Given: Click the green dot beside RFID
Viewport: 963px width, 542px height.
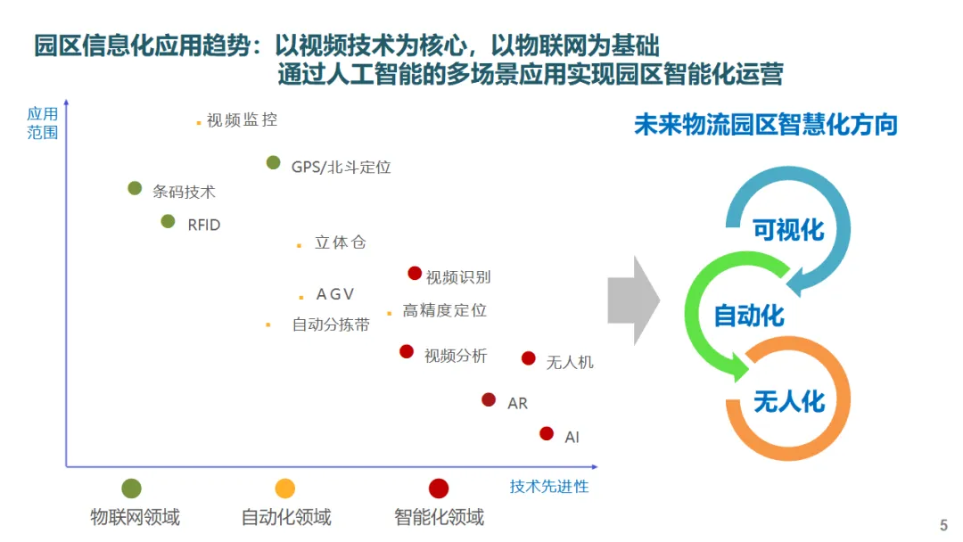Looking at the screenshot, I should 168,221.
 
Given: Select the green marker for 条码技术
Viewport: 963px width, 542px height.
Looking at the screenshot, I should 135,188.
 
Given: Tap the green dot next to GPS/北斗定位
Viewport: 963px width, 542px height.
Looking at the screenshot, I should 274,163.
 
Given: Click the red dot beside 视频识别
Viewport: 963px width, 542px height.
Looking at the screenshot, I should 415,274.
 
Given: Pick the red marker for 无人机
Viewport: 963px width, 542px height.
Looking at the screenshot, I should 529,358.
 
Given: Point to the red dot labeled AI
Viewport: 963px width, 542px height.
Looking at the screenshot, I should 547,433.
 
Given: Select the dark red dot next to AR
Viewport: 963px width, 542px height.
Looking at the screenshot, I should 489,400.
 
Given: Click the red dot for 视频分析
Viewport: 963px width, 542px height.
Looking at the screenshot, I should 407,352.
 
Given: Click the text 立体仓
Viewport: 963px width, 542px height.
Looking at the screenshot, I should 340,243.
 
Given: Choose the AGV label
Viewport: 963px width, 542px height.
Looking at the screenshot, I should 335,295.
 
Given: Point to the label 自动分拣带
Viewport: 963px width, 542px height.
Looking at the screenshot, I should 331,325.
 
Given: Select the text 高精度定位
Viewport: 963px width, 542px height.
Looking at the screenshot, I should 445,310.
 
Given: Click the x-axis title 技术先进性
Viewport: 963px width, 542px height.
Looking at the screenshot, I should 549,487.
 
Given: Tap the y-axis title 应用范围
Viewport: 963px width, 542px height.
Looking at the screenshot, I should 42,123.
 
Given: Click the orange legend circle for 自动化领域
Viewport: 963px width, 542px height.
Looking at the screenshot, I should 284,489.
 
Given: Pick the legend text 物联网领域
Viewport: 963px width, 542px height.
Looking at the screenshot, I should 135,517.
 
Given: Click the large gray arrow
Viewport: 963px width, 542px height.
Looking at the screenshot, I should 634,301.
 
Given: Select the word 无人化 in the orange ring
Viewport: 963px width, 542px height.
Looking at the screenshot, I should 789,401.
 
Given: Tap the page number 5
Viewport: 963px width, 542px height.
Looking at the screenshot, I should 944,526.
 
